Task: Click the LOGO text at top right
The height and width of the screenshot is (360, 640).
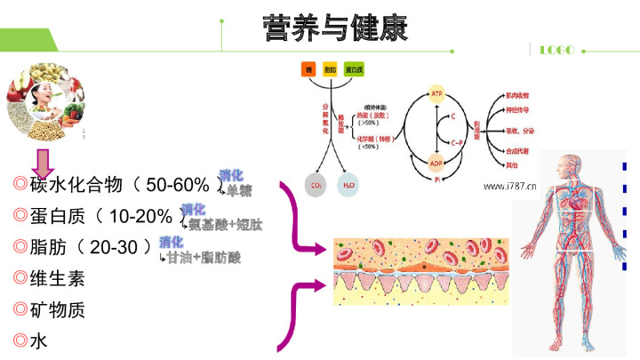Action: tap(557, 50)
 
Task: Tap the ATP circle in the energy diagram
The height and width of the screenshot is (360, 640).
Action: tap(436, 93)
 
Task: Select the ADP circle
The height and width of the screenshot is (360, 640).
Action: tap(436, 164)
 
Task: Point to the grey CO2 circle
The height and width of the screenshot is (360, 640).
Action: tap(315, 186)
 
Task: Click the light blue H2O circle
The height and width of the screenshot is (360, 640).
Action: tap(349, 186)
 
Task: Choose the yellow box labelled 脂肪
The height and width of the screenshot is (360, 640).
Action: tap(330, 68)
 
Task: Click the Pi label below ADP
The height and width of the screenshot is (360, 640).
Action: tap(436, 180)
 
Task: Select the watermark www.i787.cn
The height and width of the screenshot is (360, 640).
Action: tap(516, 187)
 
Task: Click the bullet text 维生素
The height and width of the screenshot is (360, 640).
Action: tap(58, 277)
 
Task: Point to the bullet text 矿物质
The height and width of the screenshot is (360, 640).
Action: tap(58, 309)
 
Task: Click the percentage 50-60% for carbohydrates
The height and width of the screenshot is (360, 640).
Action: tap(178, 185)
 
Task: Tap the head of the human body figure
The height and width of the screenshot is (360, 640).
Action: tap(567, 165)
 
